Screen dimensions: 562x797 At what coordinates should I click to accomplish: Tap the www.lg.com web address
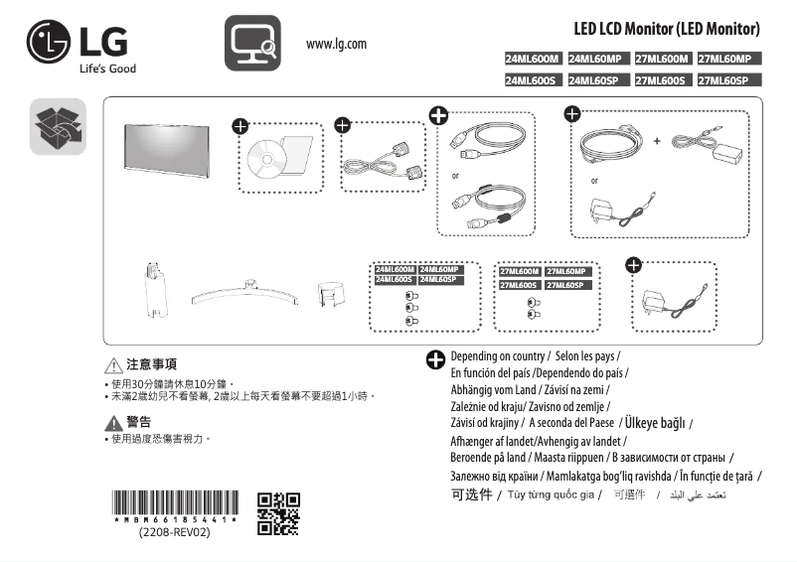336,45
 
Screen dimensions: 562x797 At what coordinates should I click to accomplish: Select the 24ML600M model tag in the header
533,60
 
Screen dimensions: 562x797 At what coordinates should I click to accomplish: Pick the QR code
278,512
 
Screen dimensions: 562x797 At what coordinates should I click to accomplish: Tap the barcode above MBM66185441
175,502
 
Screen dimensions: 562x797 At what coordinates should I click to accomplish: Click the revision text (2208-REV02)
174,532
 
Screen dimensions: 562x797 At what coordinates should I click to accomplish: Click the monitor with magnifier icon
251,44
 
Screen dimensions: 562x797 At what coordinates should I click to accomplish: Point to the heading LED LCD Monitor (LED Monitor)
667,28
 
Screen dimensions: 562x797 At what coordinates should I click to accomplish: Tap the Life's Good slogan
107,69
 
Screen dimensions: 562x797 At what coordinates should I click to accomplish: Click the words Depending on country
497,355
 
